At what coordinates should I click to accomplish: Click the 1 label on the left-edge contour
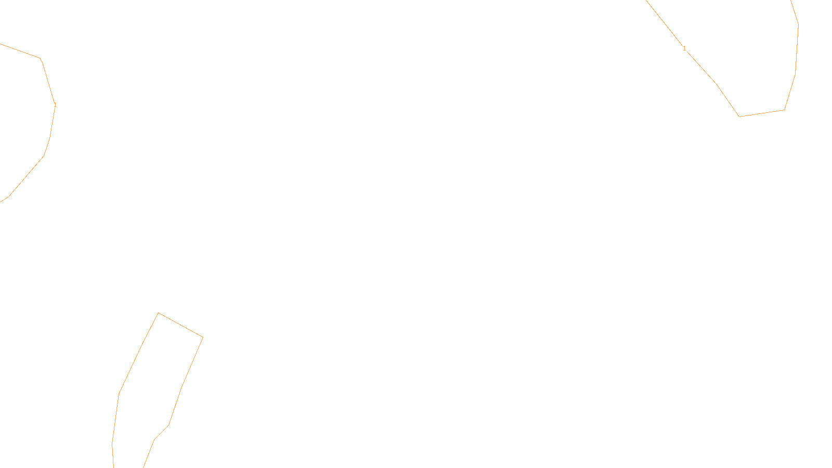(x=55, y=105)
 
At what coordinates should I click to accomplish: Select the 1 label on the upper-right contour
(x=684, y=48)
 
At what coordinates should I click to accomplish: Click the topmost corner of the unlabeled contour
(x=159, y=313)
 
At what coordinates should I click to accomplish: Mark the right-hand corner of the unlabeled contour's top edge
(x=203, y=337)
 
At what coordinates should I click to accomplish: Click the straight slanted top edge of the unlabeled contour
(x=180, y=325)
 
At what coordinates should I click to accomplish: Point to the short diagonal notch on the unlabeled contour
(x=161, y=433)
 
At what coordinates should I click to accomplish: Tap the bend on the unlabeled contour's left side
(x=119, y=394)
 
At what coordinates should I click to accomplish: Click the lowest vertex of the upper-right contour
(x=739, y=116)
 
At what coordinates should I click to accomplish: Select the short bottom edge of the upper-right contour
(x=762, y=113)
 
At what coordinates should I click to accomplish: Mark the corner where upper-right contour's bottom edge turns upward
(x=784, y=110)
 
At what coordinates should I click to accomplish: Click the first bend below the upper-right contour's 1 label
(x=717, y=83)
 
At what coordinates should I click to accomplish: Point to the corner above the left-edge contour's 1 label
(x=41, y=58)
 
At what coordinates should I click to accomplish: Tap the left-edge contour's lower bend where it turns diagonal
(x=44, y=155)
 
